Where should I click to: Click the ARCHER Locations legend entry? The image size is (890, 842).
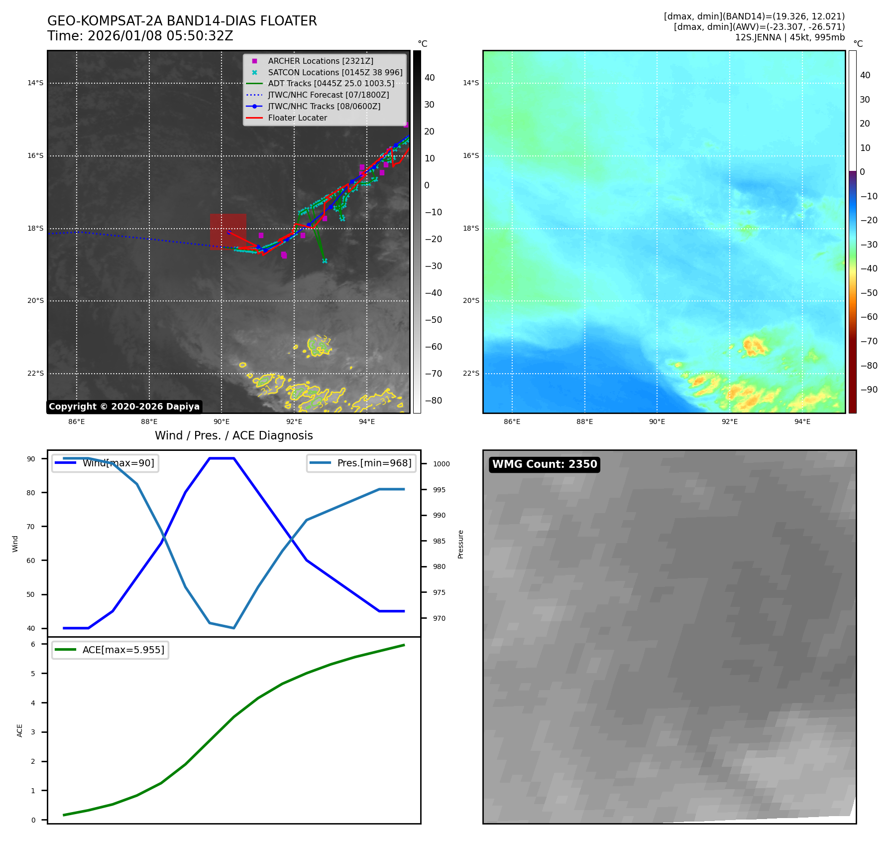pos(320,61)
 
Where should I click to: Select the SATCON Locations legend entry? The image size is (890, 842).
pos(334,73)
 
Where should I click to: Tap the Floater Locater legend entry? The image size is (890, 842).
pos(297,118)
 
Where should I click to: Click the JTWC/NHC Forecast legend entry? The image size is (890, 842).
pos(328,95)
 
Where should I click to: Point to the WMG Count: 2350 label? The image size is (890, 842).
pos(544,464)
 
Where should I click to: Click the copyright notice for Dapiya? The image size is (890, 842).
pos(124,407)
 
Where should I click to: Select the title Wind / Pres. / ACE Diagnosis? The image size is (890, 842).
pos(233,436)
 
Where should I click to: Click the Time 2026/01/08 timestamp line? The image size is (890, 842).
pos(140,36)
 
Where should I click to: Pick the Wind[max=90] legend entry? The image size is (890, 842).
pos(118,463)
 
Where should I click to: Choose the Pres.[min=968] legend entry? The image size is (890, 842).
pos(374,463)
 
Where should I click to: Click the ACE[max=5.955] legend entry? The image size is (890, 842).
pos(123,650)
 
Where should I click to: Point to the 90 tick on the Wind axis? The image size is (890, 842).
pos(31,459)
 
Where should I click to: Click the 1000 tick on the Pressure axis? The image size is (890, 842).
pos(441,464)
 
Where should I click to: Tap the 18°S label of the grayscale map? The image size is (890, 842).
pos(35,229)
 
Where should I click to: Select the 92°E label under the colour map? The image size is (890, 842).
pos(729,422)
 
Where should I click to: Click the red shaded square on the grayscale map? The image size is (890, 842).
pos(228,230)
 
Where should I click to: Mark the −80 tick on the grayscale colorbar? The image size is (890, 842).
pos(433,401)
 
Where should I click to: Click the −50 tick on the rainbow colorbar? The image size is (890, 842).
pos(869,293)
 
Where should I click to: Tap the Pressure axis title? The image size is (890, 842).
pos(461,544)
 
